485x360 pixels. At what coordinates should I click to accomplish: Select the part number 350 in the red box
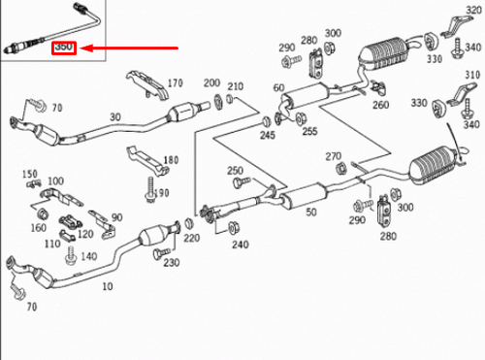point(64,47)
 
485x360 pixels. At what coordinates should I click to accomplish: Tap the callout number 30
point(115,116)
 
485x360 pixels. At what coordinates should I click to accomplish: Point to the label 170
point(176,82)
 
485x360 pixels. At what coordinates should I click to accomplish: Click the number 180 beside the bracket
point(172,159)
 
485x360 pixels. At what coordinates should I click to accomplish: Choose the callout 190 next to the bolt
point(161,193)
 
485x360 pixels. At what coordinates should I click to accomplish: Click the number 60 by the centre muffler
point(278,88)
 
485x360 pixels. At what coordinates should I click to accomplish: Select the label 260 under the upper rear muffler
point(380,105)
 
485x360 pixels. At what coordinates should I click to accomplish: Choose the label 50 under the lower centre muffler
point(312,211)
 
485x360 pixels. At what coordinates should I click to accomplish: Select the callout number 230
point(171,263)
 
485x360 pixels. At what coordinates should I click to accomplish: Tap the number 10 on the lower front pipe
point(107,286)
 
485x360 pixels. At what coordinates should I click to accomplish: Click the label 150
point(29,174)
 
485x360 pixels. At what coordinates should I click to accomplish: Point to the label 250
point(235,170)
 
